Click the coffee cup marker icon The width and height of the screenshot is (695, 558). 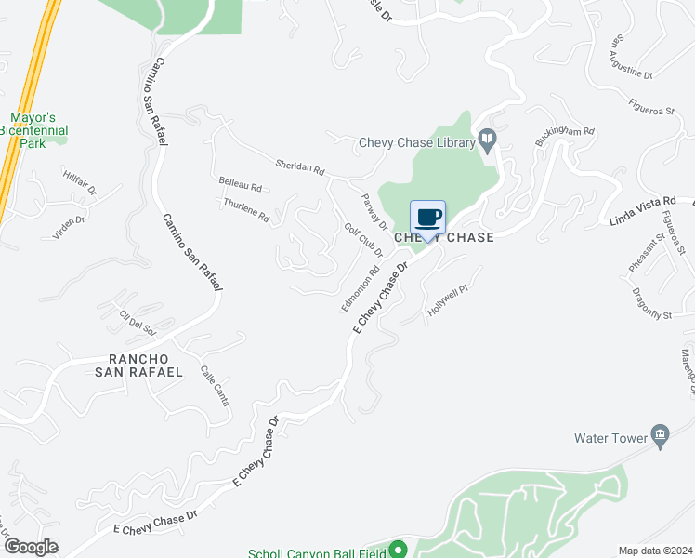(427, 219)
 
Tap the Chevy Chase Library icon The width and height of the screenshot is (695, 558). (487, 140)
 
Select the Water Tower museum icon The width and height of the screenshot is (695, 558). (661, 435)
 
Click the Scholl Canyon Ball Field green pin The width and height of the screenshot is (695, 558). (399, 550)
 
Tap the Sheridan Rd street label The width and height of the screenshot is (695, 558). (299, 168)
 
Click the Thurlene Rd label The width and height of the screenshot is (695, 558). (245, 210)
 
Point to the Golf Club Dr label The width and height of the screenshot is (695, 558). (363, 241)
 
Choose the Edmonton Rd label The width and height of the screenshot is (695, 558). (361, 290)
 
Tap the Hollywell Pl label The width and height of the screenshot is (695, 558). (444, 305)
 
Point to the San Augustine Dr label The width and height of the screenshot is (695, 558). (631, 57)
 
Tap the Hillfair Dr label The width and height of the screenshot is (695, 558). (80, 182)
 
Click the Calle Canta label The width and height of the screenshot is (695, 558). (215, 384)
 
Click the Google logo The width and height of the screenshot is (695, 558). (31, 547)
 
